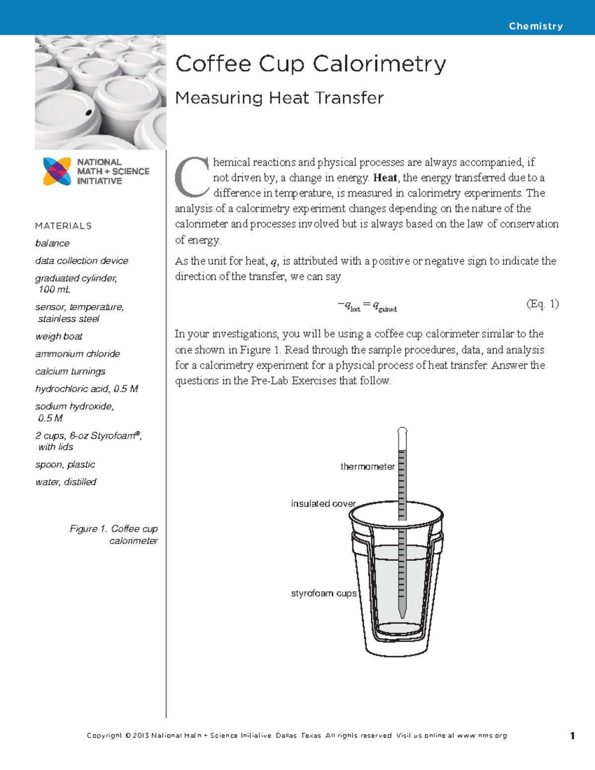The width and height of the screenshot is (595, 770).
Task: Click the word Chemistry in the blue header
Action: pyautogui.click(x=535, y=26)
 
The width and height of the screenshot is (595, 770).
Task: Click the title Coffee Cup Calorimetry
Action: pyautogui.click(x=310, y=64)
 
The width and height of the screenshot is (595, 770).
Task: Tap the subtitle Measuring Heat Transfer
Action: pyautogui.click(x=279, y=98)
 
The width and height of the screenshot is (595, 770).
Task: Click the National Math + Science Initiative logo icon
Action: pyautogui.click(x=57, y=172)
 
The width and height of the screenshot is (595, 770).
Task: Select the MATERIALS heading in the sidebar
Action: pyautogui.click(x=63, y=226)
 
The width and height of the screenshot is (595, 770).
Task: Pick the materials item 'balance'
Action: pyautogui.click(x=52, y=243)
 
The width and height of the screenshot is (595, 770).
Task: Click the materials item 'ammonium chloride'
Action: pyautogui.click(x=77, y=354)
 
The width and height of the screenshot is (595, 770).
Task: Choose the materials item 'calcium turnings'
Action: pyautogui.click(x=70, y=371)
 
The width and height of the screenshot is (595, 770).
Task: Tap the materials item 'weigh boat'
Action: pyautogui.click(x=59, y=337)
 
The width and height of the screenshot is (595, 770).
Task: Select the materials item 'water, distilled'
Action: pyautogui.click(x=65, y=482)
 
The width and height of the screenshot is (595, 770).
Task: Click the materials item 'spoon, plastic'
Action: pyautogui.click(x=65, y=465)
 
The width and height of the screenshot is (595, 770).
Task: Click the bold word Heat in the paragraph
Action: pyautogui.click(x=385, y=178)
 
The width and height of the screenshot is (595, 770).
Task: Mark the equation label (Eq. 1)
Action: pyautogui.click(x=542, y=304)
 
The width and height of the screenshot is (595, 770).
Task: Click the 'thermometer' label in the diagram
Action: pyautogui.click(x=367, y=467)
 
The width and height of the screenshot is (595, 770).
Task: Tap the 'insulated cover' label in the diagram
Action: pyautogui.click(x=323, y=504)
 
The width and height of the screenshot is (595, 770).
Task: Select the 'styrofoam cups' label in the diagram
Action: pyautogui.click(x=323, y=593)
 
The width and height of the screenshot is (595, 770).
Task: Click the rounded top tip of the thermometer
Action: pyautogui.click(x=402, y=430)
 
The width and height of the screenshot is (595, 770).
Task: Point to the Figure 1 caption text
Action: pyautogui.click(x=114, y=535)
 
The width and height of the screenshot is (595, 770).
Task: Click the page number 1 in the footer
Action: pyautogui.click(x=572, y=736)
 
